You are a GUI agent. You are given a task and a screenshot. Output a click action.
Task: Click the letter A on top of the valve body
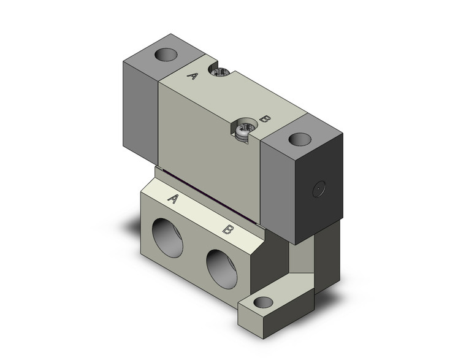192,76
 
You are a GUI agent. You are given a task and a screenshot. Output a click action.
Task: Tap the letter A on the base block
174,199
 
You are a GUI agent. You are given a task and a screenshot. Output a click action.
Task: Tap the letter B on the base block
227,230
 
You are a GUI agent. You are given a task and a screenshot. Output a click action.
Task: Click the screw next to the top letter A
219,73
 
